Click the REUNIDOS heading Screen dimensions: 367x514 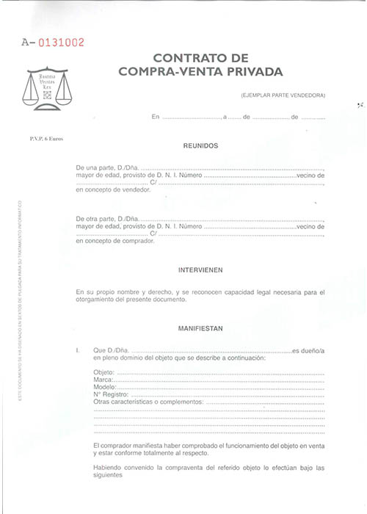pyautogui.click(x=200, y=145)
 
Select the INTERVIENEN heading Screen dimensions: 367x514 pyautogui.click(x=200, y=269)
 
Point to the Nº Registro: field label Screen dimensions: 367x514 pyautogui.click(x=111, y=395)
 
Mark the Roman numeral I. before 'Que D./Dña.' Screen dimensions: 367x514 pyautogui.click(x=78, y=350)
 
